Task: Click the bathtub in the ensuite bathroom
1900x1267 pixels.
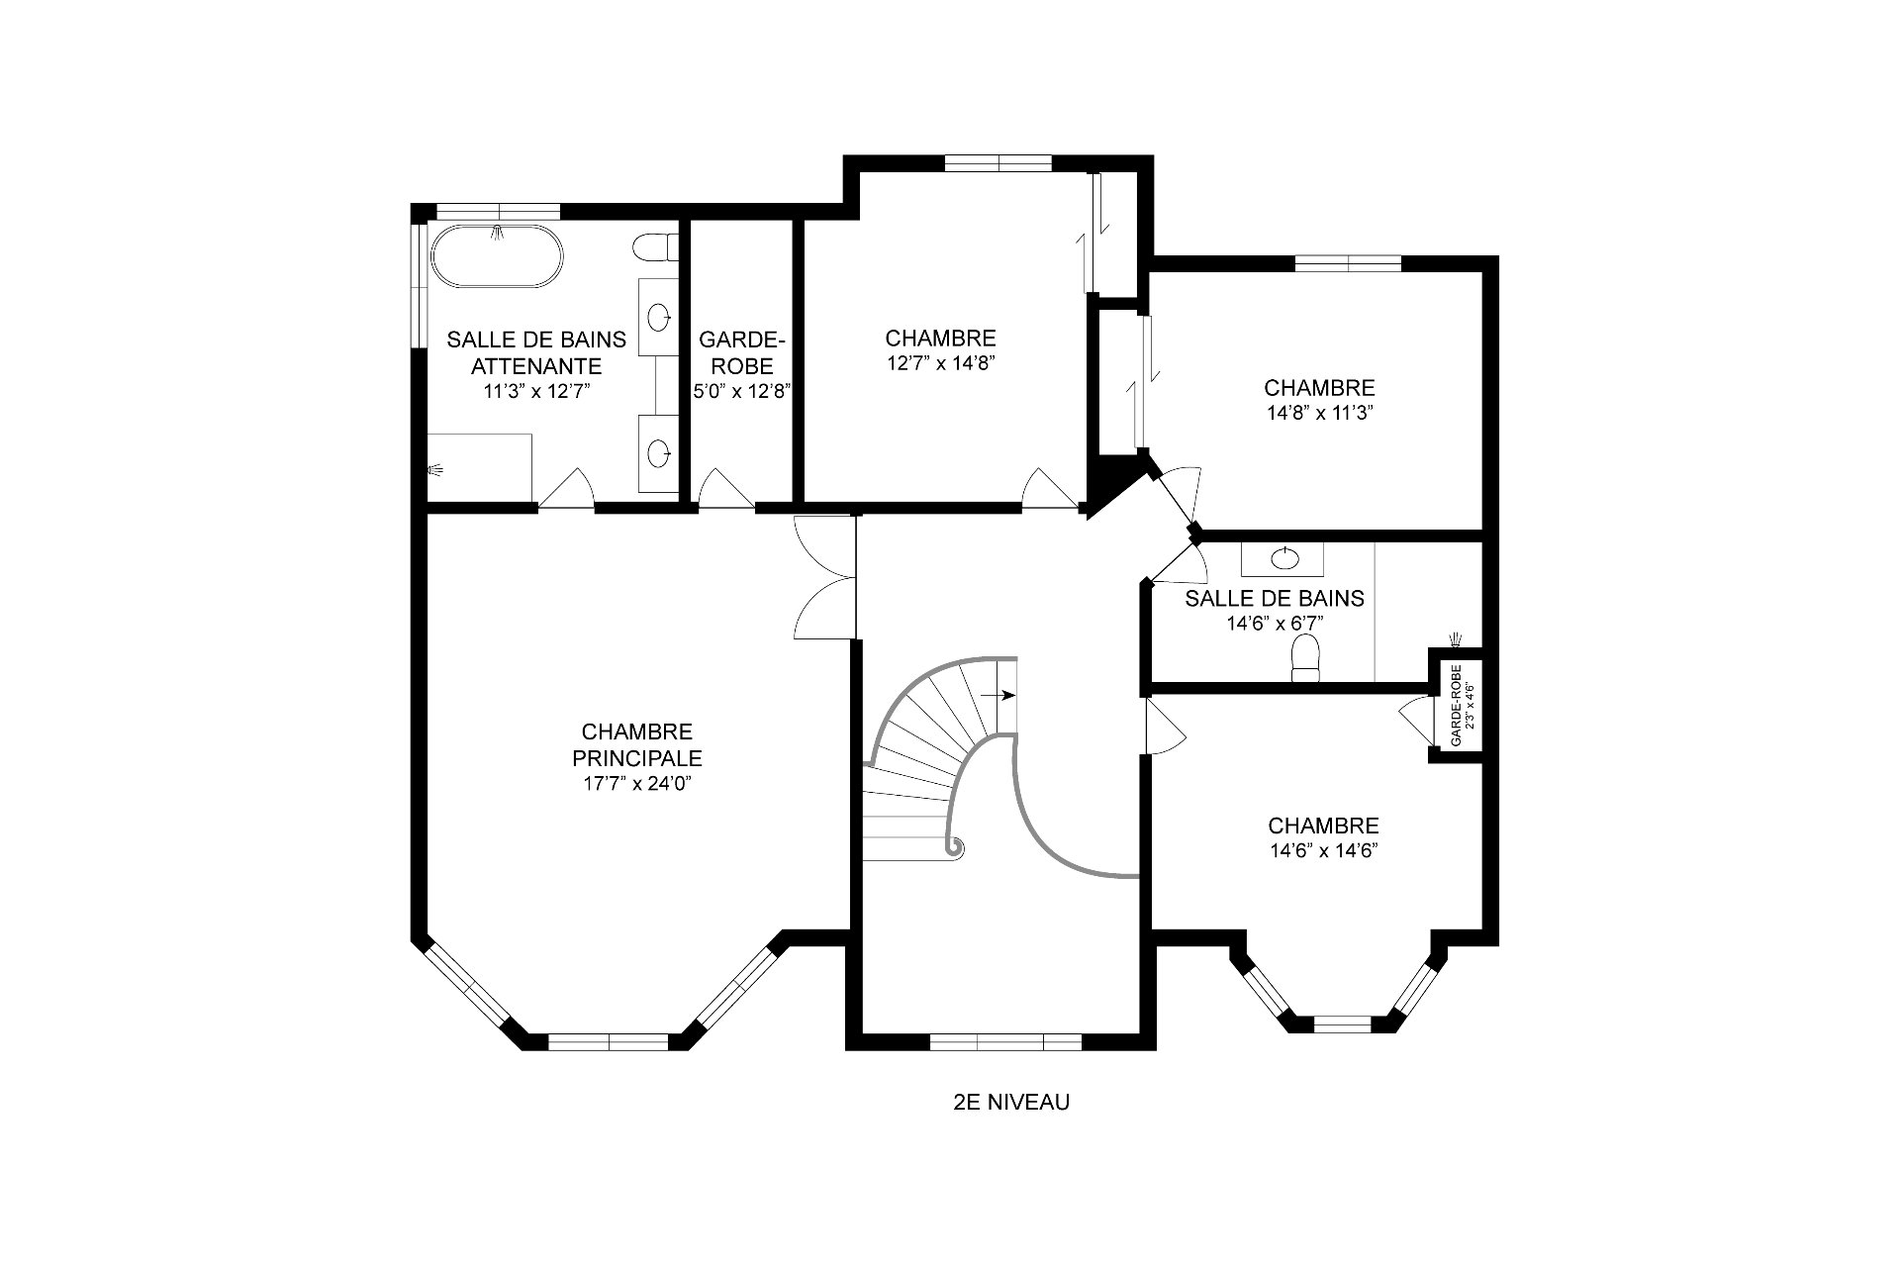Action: tap(497, 258)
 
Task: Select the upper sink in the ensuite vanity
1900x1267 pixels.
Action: tap(658, 317)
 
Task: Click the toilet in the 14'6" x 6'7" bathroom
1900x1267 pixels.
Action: tap(1306, 658)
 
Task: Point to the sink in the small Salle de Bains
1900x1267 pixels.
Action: tap(1284, 558)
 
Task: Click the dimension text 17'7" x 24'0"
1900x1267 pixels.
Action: tap(636, 785)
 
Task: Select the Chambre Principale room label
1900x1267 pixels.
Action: tap(637, 745)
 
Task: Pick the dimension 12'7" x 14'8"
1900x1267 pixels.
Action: tap(940, 363)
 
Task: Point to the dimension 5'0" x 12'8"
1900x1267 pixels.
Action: tap(742, 390)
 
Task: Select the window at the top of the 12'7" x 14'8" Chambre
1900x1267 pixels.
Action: tap(997, 163)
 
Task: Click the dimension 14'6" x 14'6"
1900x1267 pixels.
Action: tap(1323, 850)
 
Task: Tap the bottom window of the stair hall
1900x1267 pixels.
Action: tap(1005, 1041)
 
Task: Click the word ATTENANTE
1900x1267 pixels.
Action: tap(536, 366)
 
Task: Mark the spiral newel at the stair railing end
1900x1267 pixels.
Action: tap(957, 847)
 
